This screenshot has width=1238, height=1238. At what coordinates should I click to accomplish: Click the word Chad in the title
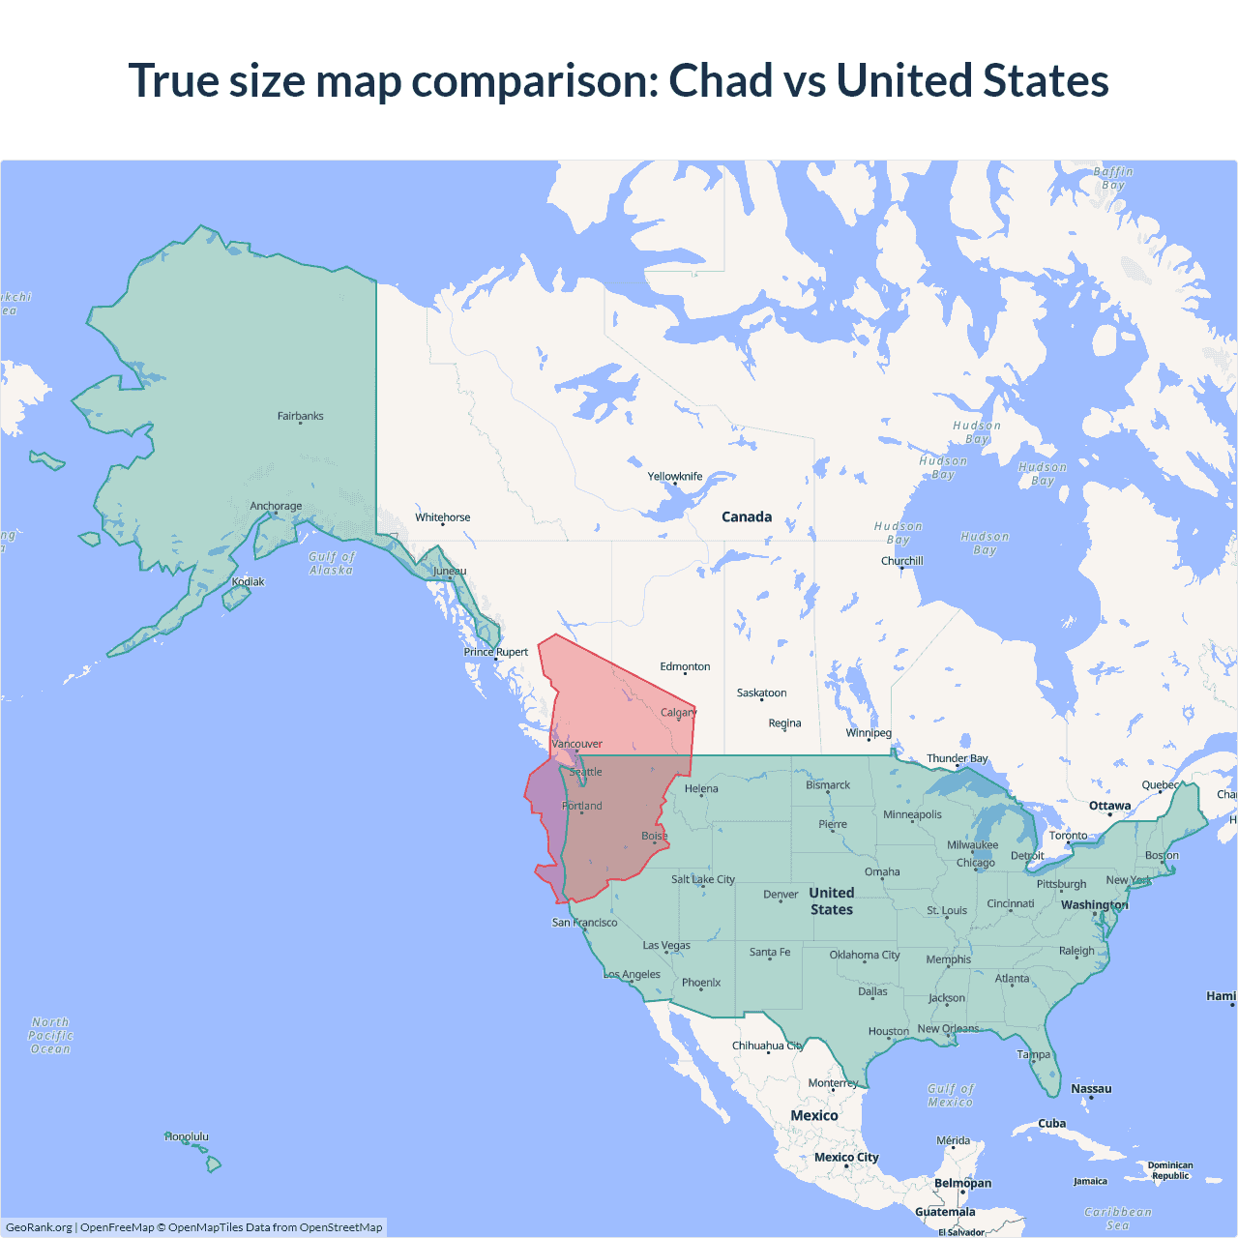coord(721,80)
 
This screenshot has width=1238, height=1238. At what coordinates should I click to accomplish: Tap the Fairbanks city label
coord(300,416)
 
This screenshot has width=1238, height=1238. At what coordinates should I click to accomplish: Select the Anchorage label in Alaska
coord(276,506)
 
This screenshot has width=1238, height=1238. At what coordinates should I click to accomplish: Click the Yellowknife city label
coord(675,476)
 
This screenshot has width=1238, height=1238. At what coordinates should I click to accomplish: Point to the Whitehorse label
coord(443,517)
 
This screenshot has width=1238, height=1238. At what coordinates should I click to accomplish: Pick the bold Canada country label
coord(747,516)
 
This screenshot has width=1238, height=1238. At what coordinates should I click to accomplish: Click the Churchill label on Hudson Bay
coord(901,561)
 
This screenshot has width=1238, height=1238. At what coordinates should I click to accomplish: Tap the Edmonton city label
coord(685,666)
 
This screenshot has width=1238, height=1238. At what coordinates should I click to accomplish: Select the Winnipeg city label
coord(869,732)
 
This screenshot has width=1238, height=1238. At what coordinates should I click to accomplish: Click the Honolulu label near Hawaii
coord(187,1136)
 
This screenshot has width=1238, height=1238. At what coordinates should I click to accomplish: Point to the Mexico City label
coord(846,1157)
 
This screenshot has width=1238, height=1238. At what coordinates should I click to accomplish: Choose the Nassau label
coord(1091,1088)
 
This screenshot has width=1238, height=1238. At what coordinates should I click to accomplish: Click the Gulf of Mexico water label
coord(951,1095)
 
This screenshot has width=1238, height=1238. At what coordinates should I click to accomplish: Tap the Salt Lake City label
coord(703,879)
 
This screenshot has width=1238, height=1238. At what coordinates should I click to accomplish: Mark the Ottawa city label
coord(1109,806)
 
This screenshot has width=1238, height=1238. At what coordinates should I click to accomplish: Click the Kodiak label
coord(248,581)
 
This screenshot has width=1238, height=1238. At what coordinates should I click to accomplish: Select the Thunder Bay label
coord(958,758)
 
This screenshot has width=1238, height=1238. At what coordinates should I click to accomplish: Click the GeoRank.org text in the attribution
coord(39,1227)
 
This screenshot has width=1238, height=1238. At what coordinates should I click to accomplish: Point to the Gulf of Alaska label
coord(332,563)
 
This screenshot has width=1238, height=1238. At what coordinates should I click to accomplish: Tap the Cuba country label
coord(1051,1123)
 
